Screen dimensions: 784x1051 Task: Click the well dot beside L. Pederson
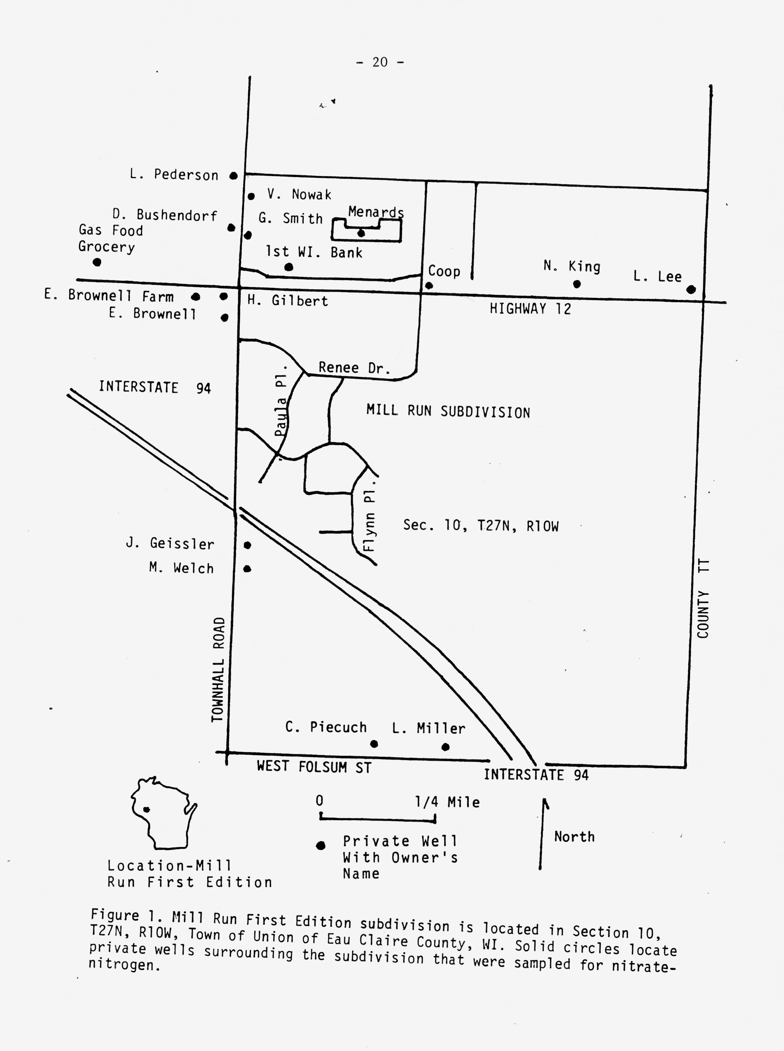click(233, 176)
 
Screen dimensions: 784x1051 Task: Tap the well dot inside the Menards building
click(361, 233)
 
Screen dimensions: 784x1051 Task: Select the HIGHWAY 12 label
click(530, 309)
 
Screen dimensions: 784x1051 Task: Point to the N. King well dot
click(577, 284)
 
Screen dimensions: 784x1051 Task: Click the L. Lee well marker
click(691, 289)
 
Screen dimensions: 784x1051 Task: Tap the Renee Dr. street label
click(354, 368)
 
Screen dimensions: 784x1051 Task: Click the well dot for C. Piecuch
click(374, 744)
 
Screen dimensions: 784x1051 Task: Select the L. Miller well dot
click(445, 747)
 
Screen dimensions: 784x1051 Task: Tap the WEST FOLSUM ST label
click(314, 766)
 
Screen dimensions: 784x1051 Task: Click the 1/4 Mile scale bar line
click(378, 818)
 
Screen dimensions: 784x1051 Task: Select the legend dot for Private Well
click(321, 845)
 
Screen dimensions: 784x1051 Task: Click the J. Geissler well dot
click(247, 546)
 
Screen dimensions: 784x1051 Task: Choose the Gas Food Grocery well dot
click(97, 262)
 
